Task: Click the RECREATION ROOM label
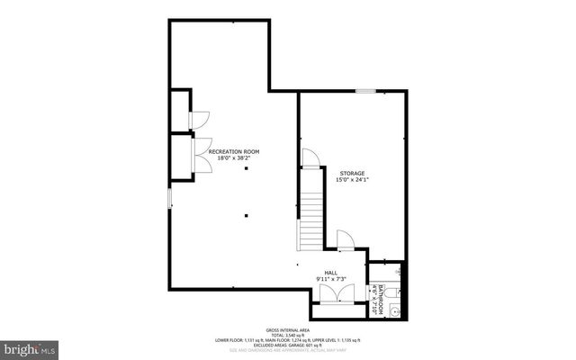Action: [233, 151]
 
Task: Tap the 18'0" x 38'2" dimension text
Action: [233, 158]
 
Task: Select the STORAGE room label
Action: [353, 172]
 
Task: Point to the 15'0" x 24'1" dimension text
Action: [353, 179]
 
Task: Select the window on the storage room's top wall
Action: [364, 91]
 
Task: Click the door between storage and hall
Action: [345, 238]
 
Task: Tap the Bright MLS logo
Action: [31, 346]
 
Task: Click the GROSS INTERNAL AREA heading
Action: [287, 329]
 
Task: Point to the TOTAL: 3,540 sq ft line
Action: [287, 335]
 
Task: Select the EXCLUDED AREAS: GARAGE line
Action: [287, 345]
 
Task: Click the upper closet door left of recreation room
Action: [200, 120]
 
